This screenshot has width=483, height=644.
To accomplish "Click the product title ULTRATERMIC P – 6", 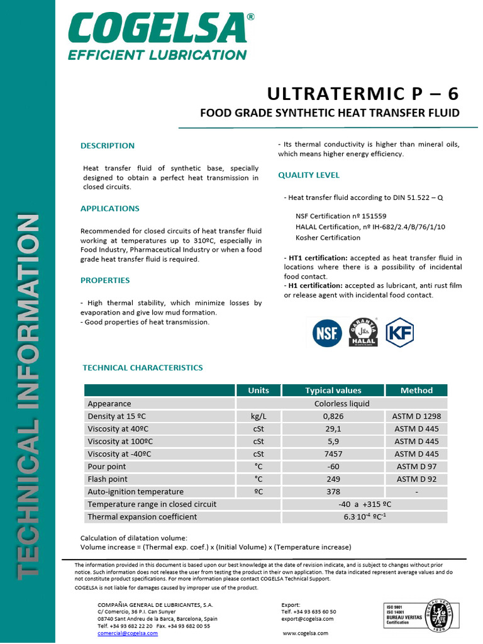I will [x=363, y=94].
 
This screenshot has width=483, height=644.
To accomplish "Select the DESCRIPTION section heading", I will [x=108, y=146].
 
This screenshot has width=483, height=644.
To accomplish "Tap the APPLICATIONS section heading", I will [x=110, y=209].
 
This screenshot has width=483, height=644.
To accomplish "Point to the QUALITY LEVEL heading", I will [x=309, y=175].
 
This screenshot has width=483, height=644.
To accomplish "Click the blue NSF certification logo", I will [x=327, y=333].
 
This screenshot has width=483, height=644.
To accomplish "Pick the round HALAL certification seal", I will [x=363, y=332].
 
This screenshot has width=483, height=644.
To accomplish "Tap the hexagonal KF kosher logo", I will [x=399, y=332].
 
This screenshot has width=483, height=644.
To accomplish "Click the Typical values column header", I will [x=333, y=391].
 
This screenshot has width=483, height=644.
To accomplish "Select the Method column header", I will [x=416, y=391].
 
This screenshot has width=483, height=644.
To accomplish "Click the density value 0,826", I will [x=333, y=416].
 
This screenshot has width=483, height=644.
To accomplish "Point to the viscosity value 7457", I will [x=333, y=454].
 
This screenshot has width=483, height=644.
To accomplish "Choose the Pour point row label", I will [x=107, y=467].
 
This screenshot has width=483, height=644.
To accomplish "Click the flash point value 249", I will [x=333, y=479].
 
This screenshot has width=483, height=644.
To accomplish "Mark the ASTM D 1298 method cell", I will [x=416, y=416].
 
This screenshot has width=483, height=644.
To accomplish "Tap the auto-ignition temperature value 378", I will [x=333, y=492].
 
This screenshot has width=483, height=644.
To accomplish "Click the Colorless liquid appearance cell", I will [x=341, y=404].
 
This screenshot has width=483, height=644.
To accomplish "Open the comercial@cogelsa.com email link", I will [x=128, y=633].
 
